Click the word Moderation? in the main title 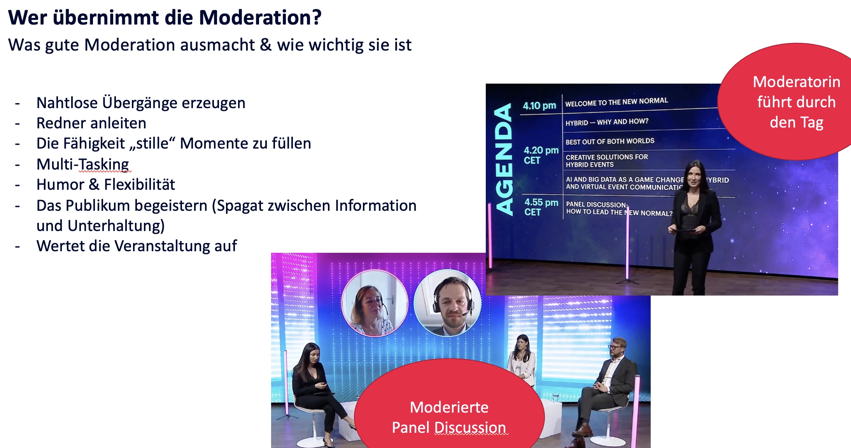point(260,17)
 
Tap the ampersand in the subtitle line point(266,45)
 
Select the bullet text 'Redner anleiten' point(91,123)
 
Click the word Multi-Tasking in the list point(83,164)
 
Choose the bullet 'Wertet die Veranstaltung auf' point(137,246)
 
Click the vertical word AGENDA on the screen point(504,159)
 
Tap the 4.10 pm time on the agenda point(539,105)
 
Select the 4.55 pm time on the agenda point(541,202)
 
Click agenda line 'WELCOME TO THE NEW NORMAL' point(616,102)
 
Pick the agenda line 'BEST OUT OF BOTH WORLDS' point(610,141)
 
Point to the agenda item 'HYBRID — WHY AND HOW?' point(607,122)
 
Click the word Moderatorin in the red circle point(797,82)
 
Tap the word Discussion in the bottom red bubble point(470,427)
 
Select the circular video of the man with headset point(448,303)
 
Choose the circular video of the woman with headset point(375,303)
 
